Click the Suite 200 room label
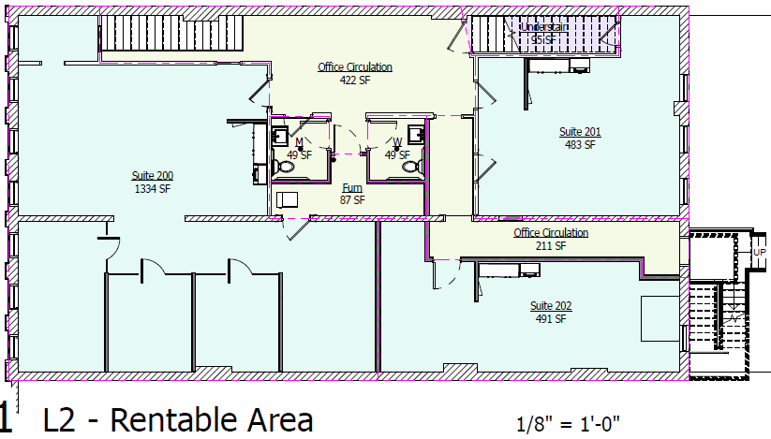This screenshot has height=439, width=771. coord(152,175)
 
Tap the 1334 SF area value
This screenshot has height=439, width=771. coord(152,188)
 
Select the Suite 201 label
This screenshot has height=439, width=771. coord(580,132)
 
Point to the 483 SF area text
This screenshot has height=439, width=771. coord(580,145)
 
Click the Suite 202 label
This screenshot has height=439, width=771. coord(551,306)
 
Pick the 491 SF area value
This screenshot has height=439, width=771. coord(551,319)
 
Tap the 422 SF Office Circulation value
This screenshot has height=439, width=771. coord(354,80)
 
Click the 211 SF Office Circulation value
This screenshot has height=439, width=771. coord(551,246)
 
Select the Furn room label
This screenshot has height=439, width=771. coord(352,187)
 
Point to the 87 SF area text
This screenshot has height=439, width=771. coord(352,199)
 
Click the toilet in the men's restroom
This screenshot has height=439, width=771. coord(285,168)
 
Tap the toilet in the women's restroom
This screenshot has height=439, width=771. coord(409,166)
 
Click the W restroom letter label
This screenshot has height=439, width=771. coord(397,142)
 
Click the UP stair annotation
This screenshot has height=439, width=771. coord(759,252)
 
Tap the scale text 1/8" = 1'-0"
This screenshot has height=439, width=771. coord(569,422)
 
